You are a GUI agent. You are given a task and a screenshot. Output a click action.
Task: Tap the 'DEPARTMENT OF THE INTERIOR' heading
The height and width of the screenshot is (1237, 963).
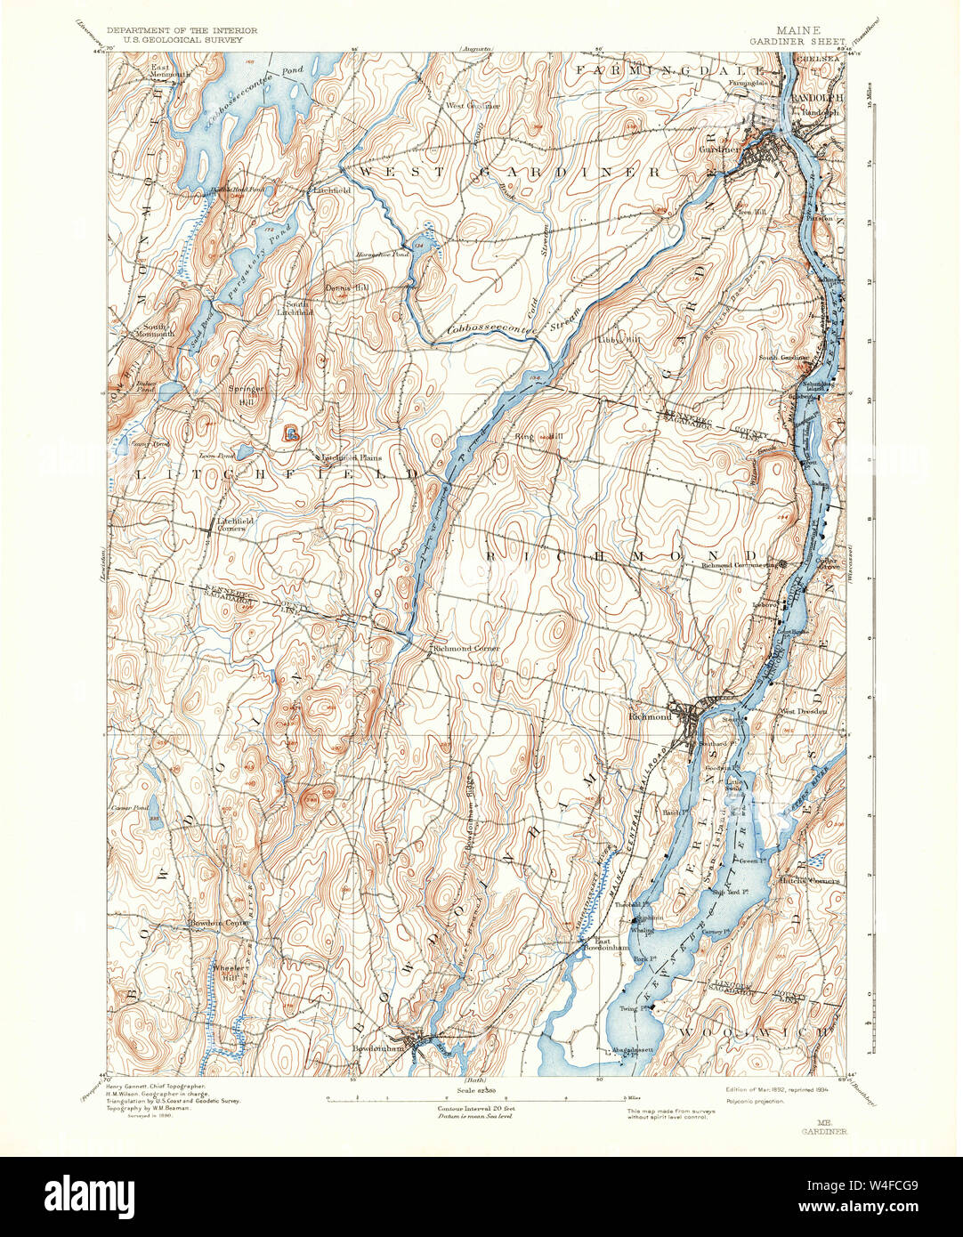click(x=182, y=30)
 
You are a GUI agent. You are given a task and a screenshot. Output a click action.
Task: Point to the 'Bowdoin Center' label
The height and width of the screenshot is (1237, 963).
click(x=218, y=923)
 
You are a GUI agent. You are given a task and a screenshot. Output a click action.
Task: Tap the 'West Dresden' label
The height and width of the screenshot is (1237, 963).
click(x=804, y=711)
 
